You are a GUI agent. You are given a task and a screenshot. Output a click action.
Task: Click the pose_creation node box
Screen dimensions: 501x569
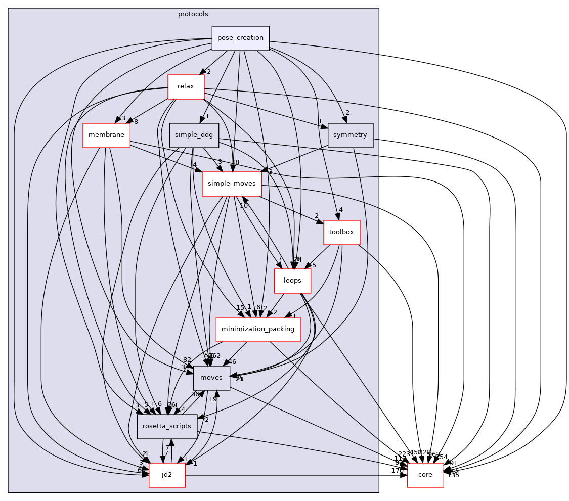tap(240, 38)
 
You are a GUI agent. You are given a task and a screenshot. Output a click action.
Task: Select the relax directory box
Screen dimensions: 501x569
tap(186, 86)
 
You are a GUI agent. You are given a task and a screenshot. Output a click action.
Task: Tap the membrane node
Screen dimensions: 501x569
tap(106, 135)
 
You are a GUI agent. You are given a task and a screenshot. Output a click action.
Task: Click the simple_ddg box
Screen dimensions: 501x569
tap(194, 135)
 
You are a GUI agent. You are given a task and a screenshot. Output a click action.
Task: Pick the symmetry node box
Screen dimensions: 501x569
tap(351, 135)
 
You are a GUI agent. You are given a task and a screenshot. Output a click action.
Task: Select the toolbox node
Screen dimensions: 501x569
tap(341, 233)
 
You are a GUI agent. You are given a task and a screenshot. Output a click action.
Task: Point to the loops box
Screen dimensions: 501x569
tap(292, 281)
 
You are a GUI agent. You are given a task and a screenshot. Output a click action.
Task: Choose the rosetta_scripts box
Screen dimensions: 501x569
tap(167, 426)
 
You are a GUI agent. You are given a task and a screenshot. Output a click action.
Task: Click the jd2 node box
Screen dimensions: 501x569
tap(167, 475)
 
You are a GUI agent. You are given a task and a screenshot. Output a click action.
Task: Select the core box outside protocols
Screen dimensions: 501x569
tap(425, 475)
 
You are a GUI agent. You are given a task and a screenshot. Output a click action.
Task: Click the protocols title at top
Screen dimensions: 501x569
tap(193, 14)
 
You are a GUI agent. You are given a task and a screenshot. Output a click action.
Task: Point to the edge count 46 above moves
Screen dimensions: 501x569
tap(233, 361)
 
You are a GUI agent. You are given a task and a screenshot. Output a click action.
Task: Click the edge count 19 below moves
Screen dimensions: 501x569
tap(213, 399)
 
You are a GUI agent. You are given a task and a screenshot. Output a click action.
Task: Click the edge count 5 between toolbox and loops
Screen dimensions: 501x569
tap(314, 265)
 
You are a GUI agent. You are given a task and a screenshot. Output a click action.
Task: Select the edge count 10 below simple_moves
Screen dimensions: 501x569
tap(244, 206)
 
